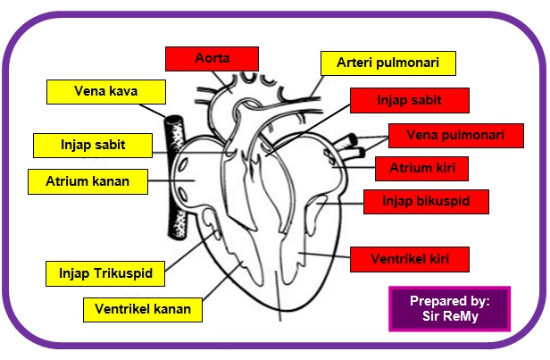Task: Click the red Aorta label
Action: coord(212,59)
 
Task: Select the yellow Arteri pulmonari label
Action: coord(387,63)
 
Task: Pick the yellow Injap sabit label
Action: coord(92,145)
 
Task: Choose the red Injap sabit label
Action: coord(409,100)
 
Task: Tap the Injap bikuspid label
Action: coord(426,201)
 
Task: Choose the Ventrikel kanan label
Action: coord(143,310)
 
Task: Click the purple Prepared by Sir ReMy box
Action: coord(449,309)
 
